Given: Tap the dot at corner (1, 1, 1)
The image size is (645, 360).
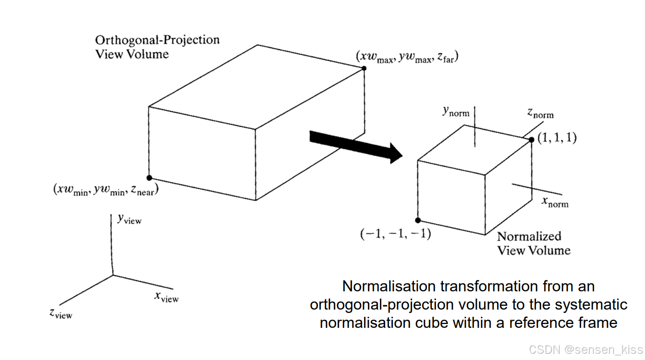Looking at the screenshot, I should [x=532, y=140].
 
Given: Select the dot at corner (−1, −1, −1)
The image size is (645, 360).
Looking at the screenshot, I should [x=418, y=220].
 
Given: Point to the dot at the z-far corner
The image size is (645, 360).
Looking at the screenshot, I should [x=364, y=68].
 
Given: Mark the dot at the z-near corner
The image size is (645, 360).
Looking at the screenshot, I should [x=149, y=178].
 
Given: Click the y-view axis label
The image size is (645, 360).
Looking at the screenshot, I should [x=129, y=220].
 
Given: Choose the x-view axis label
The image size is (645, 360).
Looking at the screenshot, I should [x=166, y=298].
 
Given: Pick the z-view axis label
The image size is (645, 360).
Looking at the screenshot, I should [x=61, y=314].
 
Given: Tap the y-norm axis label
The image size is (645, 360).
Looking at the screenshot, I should [x=456, y=112].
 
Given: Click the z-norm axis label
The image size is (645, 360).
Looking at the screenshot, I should [x=540, y=114].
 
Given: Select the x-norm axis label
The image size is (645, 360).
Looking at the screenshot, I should [x=555, y=203].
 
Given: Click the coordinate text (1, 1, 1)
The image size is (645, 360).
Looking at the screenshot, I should [x=557, y=138].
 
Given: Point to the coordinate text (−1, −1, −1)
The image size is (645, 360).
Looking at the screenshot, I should [x=395, y=234].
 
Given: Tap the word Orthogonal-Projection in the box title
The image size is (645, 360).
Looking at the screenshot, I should [x=157, y=40].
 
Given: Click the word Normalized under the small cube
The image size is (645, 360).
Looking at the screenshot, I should [x=529, y=236].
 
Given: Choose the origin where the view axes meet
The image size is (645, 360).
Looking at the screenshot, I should [x=113, y=275].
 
